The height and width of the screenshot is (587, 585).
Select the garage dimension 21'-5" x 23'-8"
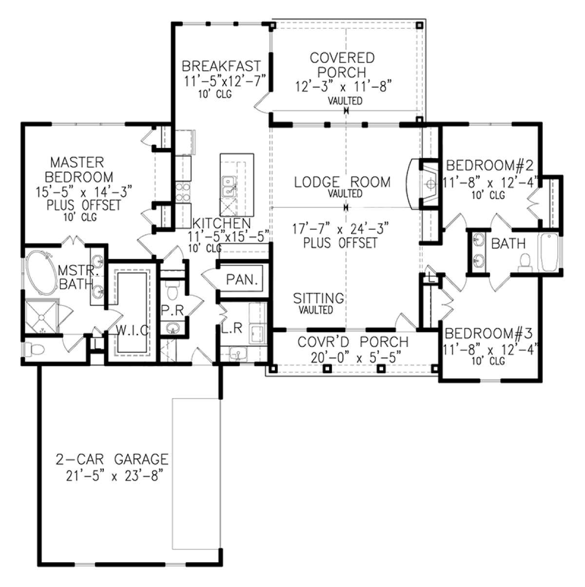point(112,476)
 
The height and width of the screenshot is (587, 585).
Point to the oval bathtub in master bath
point(41,273)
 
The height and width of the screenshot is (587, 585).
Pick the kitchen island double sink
point(229,186)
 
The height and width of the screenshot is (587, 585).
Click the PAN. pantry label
point(242,279)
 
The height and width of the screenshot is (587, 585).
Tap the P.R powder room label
point(173,310)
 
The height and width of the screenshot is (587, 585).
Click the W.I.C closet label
point(133,330)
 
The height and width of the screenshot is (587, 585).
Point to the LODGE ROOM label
point(342,182)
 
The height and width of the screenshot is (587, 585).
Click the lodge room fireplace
point(423,184)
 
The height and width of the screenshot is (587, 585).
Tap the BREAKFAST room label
point(221,66)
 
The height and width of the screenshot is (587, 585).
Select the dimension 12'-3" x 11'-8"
point(343,86)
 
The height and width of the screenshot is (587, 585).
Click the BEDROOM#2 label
point(490,165)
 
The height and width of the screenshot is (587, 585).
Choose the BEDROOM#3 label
point(489,334)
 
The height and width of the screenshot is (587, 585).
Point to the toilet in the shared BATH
point(525,263)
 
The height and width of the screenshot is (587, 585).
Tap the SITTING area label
point(318,298)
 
